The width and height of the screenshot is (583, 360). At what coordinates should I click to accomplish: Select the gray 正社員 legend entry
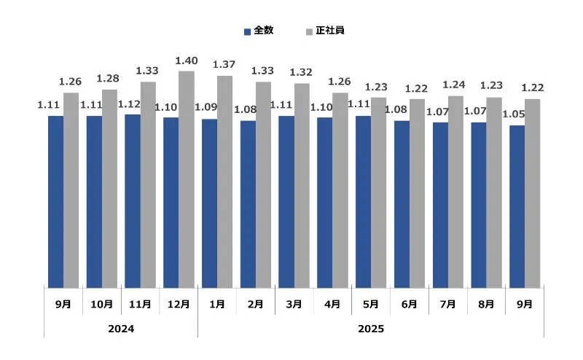point(325,31)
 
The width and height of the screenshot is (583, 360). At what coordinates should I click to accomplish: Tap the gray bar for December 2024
point(187,179)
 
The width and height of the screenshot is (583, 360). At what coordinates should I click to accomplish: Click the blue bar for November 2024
point(132,201)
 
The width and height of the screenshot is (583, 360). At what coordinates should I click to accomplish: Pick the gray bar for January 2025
point(224,182)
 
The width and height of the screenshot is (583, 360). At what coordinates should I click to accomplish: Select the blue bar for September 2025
point(517,207)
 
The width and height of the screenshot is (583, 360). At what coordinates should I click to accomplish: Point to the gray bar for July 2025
point(455,192)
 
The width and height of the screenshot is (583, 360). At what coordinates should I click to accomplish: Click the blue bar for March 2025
point(286,202)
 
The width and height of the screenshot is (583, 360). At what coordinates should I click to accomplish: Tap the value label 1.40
point(187,60)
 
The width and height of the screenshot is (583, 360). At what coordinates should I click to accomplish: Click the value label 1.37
point(224,65)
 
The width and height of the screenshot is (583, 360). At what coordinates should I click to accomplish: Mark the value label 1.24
point(455,85)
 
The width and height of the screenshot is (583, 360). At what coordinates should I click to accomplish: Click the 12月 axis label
point(179,304)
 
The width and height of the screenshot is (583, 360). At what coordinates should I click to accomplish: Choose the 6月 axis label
point(410,304)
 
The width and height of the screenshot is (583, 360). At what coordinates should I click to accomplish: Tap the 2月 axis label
point(255,304)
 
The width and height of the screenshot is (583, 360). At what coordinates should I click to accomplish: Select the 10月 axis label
point(102,304)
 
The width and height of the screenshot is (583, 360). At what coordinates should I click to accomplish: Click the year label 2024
point(120,329)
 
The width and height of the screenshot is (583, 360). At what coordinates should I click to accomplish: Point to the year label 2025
point(370,329)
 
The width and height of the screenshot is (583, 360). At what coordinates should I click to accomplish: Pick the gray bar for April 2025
point(340,190)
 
